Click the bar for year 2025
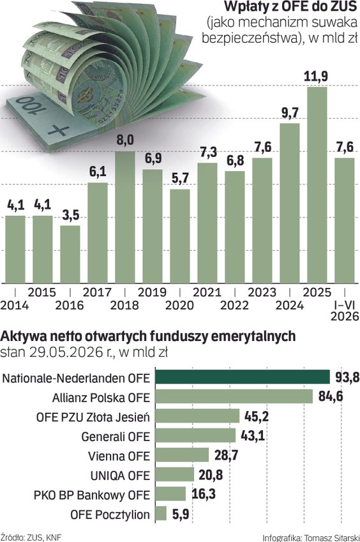317,185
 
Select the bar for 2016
70,255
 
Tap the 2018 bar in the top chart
125,218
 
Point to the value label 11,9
316,76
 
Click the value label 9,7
290,113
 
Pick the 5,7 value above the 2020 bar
180,178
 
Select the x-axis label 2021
207,292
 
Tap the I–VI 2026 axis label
345,310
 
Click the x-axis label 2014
15,305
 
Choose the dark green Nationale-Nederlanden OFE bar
243,377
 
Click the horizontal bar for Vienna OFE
182,455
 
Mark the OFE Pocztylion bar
161,513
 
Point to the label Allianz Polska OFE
101,398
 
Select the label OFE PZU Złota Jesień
93,418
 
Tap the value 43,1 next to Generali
253,435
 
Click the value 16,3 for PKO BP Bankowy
204,494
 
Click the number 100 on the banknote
31,105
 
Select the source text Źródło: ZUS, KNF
31,538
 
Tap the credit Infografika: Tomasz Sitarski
311,538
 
